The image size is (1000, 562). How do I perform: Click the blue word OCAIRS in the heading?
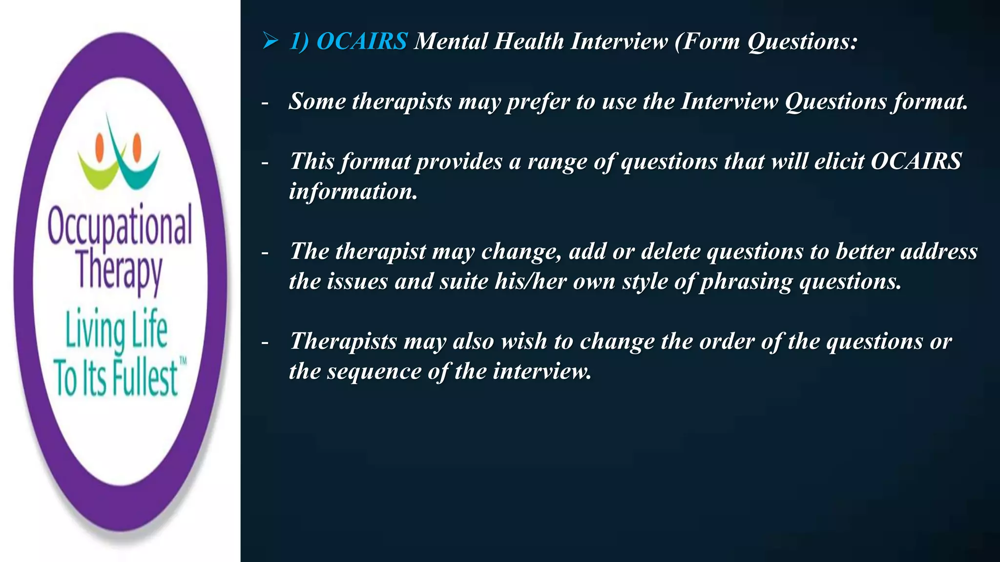coord(362,41)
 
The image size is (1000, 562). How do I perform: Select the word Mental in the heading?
coord(451,41)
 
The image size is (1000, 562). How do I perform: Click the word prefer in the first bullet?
coord(537,102)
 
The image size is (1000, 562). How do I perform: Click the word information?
coord(353,191)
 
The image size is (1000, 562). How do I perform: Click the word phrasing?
coord(746,282)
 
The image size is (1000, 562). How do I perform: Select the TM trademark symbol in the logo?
coord(183,361)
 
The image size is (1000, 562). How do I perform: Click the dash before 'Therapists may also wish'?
coord(265,342)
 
